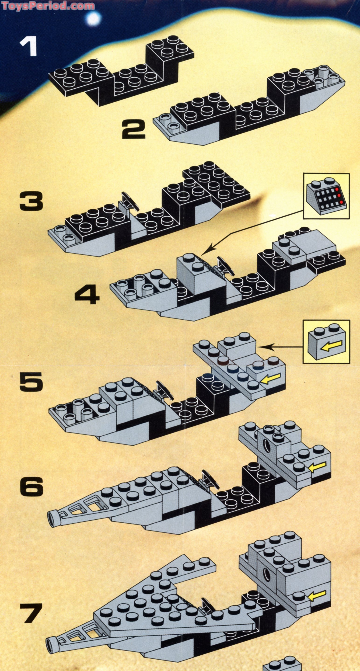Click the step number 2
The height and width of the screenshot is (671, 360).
click(134, 128)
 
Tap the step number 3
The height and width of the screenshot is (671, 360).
click(31, 201)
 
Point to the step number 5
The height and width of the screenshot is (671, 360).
click(31, 381)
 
